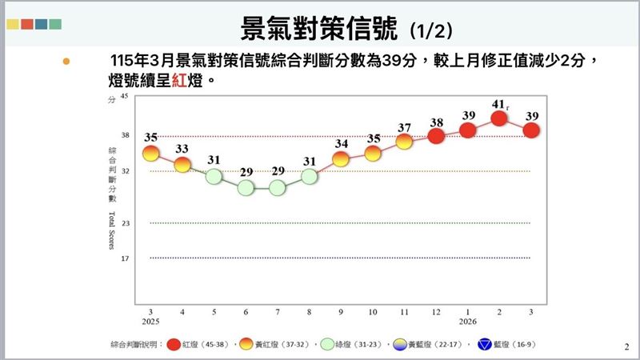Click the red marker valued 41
[x=500, y=118]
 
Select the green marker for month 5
[x=214, y=176]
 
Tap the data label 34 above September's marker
[x=342, y=144]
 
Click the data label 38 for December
[x=437, y=122]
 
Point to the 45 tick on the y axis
[x=123, y=97]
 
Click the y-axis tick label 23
[x=124, y=222]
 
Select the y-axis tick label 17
[x=124, y=258]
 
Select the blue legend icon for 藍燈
[x=483, y=344]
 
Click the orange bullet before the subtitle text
[x=66, y=61]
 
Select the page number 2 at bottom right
[x=626, y=346]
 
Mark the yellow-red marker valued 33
[x=182, y=164]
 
